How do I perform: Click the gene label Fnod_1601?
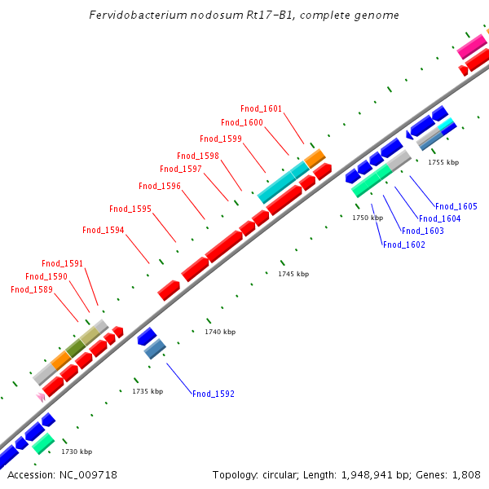[261, 108]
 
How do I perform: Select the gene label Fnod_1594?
[104, 230]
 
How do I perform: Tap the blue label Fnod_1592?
[214, 394]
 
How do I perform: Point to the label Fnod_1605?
[456, 206]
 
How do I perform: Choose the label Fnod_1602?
[403, 244]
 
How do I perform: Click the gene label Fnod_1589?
[32, 289]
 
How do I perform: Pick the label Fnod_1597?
[181, 169]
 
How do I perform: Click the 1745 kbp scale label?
[293, 274]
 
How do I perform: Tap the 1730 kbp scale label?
[77, 452]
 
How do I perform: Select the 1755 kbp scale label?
[443, 162]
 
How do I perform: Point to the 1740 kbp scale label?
[220, 332]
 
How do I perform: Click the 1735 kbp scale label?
[148, 391]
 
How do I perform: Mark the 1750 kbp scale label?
[368, 218]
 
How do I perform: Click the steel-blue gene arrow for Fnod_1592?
[155, 349]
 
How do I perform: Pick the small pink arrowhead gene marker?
[40, 396]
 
